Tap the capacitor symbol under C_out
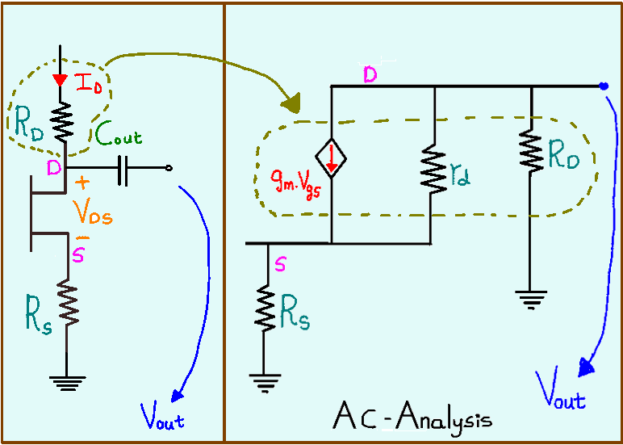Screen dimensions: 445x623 (122, 170)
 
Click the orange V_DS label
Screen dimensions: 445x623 (91, 211)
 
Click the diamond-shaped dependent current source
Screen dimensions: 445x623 (332, 160)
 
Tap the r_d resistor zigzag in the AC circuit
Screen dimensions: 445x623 (435, 170)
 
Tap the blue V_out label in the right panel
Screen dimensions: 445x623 (562, 397)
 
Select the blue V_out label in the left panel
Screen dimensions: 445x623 (161, 419)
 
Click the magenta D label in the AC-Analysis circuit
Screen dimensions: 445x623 (370, 74)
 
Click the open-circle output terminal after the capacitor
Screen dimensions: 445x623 (167, 168)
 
